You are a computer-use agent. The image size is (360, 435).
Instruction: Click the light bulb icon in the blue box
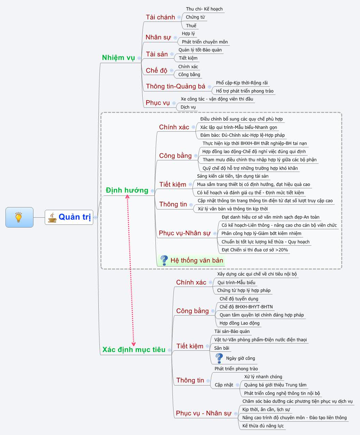point(19,217)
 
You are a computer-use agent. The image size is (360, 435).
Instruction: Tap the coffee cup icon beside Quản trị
point(52,217)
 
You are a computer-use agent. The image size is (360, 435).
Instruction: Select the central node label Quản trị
point(74,217)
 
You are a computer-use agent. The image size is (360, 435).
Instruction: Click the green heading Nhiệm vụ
point(119,58)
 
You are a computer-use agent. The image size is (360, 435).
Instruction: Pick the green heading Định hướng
point(127,190)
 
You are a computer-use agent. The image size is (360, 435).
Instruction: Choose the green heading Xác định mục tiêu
point(134,350)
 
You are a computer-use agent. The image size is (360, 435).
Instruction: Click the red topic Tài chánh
point(160,17)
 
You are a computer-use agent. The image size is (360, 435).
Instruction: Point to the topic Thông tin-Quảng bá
point(176,86)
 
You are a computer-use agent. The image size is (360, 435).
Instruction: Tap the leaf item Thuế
point(191,26)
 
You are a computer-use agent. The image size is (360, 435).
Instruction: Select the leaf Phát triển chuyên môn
point(205,42)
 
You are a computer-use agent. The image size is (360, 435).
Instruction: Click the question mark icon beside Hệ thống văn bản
point(164,260)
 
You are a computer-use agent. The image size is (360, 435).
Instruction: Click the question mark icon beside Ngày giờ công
point(219,358)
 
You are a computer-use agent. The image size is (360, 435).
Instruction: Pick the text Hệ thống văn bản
point(197,261)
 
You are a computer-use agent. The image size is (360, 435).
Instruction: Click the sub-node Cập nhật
point(224,385)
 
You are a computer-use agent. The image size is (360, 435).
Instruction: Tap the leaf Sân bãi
point(222,348)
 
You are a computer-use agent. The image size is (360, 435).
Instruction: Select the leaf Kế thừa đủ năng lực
point(263,426)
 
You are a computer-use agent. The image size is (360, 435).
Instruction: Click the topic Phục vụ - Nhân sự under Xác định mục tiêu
point(204,413)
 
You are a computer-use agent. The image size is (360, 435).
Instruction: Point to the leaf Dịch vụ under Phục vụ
point(188,107)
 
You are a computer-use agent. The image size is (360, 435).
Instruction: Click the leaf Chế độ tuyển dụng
point(239,299)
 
